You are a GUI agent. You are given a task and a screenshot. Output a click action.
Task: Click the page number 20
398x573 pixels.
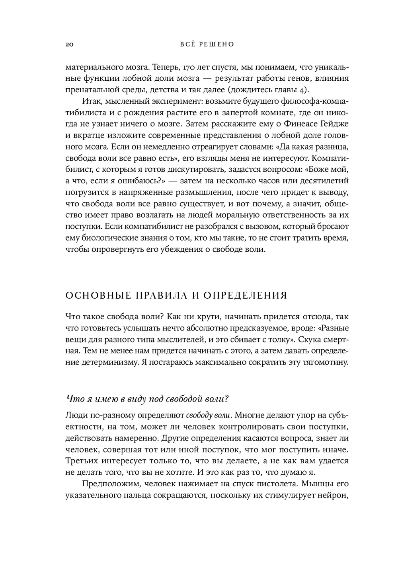coord(68,45)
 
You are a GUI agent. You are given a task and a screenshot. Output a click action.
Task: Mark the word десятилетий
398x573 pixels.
coord(324,181)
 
